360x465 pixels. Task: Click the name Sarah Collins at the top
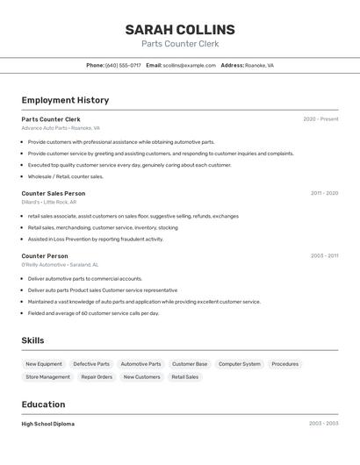pos(180,29)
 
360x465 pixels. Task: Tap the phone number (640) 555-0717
pos(123,66)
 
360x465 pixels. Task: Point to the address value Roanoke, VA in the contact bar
pos(259,66)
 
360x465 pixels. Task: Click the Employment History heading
pos(65,100)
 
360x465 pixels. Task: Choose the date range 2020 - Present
pos(320,119)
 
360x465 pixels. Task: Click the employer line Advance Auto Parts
pos(61,128)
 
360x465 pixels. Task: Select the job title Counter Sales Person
pos(54,193)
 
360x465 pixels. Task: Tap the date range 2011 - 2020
pos(324,193)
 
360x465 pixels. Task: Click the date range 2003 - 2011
pos(324,256)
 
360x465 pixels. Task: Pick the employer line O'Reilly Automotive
pos(60,265)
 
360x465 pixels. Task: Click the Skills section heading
pos(33,340)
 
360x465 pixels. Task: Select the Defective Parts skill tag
pos(91,364)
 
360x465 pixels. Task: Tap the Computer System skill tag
pos(240,364)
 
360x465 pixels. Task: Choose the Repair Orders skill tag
pos(97,377)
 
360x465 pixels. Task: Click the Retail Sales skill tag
pos(185,377)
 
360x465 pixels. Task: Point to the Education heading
pos(43,404)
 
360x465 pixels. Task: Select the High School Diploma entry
pos(48,424)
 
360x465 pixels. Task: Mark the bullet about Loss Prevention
pos(95,239)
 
